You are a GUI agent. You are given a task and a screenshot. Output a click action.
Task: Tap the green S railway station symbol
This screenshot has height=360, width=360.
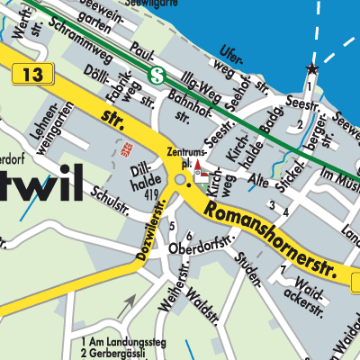pyautogui.click(x=157, y=76)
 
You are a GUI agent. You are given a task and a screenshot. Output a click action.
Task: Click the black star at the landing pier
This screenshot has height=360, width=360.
pyautogui.click(x=312, y=68)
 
